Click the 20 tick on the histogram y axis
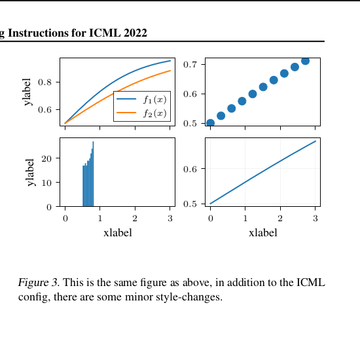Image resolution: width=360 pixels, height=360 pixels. (46, 158)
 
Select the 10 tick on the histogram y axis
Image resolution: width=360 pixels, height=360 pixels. (46, 183)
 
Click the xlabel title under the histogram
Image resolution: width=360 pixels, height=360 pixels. (118, 232)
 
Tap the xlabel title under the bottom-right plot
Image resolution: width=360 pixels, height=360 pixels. (263, 232)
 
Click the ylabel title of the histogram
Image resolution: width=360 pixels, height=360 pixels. (31, 172)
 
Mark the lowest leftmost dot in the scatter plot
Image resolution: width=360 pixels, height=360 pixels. (210, 123)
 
